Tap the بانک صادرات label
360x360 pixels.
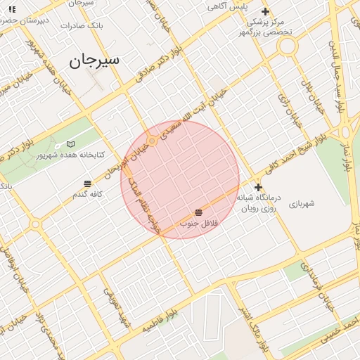pyautogui.click(x=82, y=25)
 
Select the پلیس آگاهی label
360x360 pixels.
pyautogui.click(x=226, y=6)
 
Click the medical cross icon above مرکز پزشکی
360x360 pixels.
pyautogui.click(x=265, y=11)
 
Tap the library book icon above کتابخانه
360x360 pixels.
pyautogui.click(x=70, y=143)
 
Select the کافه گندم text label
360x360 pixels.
pyautogui.click(x=88, y=193)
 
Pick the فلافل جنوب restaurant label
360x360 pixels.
pyautogui.click(x=199, y=223)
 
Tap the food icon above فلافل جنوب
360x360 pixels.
pyautogui.click(x=199, y=212)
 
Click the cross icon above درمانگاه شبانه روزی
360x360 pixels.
pyautogui.click(x=259, y=187)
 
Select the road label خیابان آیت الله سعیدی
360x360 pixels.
pyautogui.click(x=194, y=112)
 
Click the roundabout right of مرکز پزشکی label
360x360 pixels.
pyautogui.click(x=287, y=47)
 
